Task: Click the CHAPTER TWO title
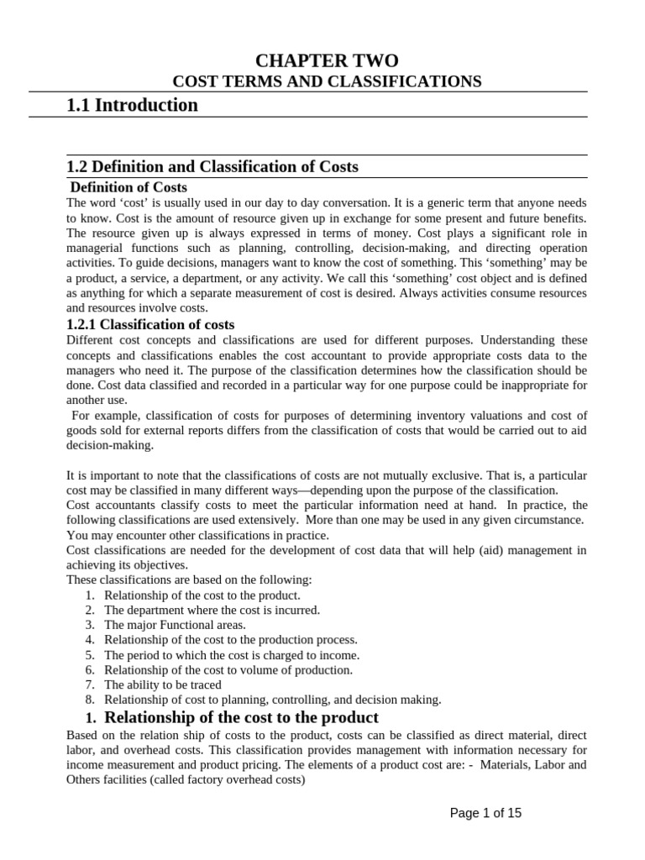point(327,60)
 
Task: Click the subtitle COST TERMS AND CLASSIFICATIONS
point(327,81)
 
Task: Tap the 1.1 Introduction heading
point(132,105)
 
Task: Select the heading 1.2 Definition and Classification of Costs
point(212,166)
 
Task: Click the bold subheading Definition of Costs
point(128,187)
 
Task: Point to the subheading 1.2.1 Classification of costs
point(150,324)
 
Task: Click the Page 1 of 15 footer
point(485,813)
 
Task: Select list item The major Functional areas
point(175,625)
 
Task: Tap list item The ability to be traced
point(163,684)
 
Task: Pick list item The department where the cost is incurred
point(212,610)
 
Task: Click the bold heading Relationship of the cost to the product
point(241,717)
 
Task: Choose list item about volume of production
point(228,669)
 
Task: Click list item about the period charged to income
point(232,655)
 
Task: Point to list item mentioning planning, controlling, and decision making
point(272,699)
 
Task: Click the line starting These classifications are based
point(189,579)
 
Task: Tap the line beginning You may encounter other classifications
point(197,535)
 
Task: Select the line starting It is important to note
point(327,475)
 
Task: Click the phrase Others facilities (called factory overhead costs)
point(186,779)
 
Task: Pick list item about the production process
point(231,640)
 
